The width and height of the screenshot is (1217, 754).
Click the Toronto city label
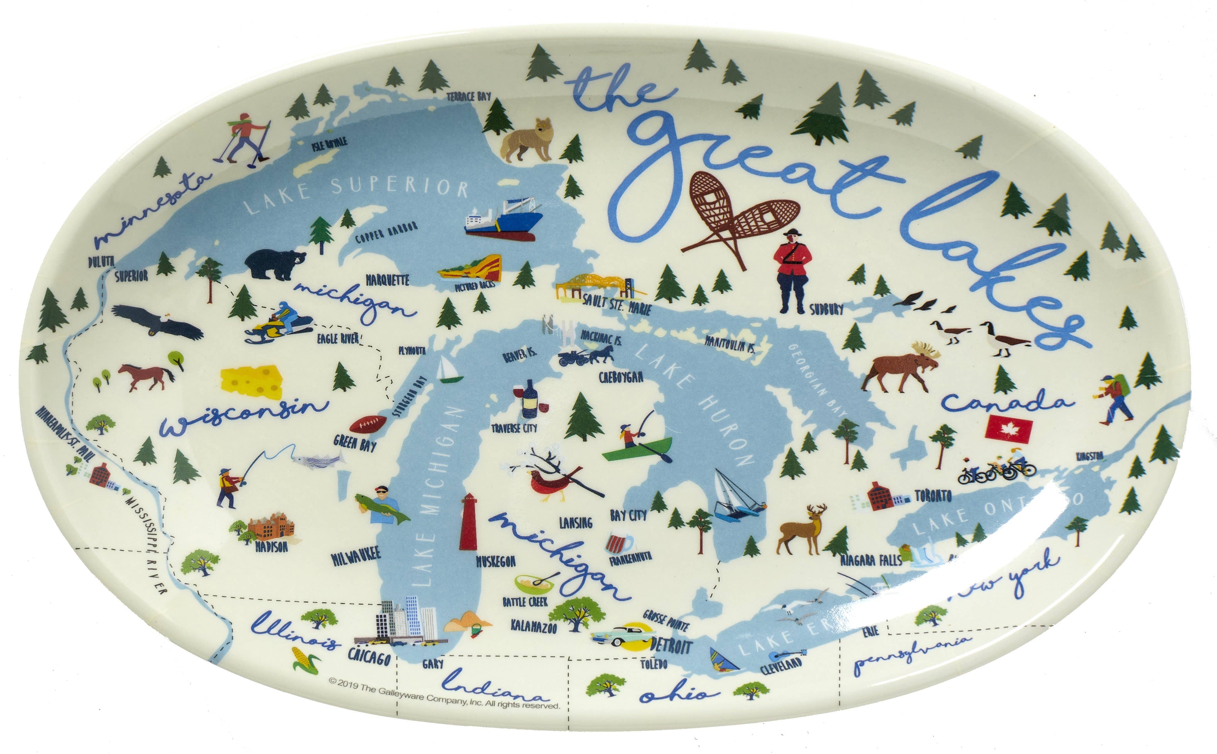[933, 496]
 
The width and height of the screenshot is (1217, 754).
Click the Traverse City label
[514, 428]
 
